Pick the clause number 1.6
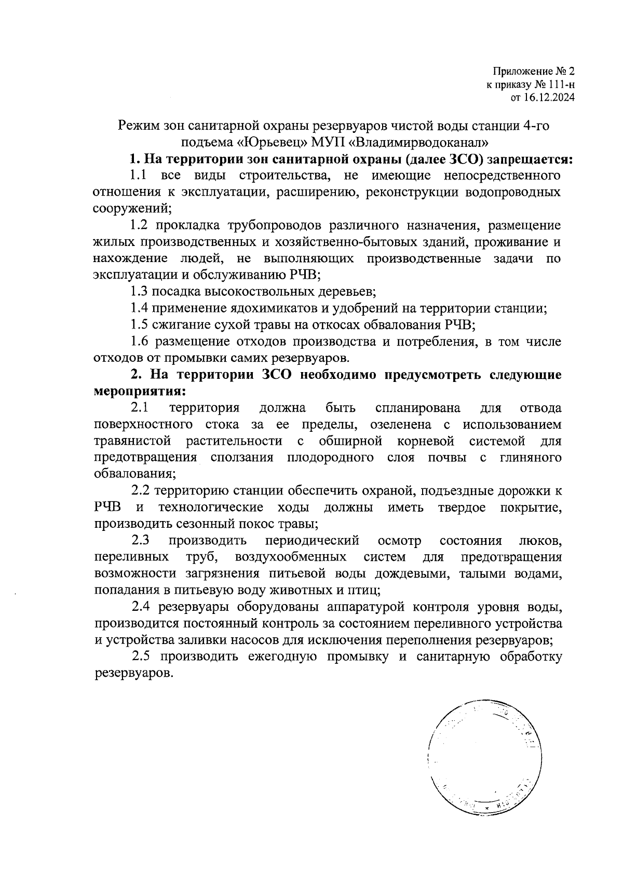[x=139, y=341]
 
